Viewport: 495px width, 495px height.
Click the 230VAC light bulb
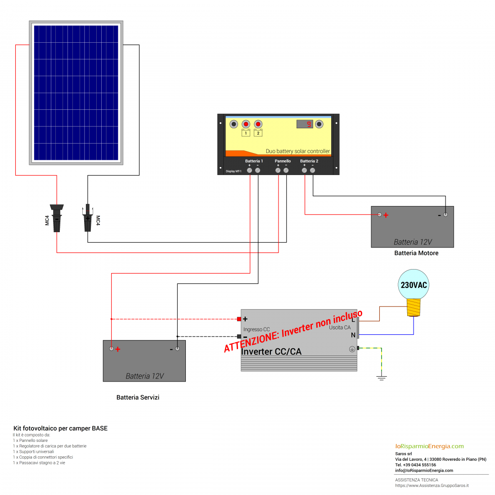pyautogui.click(x=414, y=288)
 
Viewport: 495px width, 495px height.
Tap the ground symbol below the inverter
pyautogui.click(x=382, y=377)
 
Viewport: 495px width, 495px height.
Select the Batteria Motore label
pyautogui.click(x=416, y=253)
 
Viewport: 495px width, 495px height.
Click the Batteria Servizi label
pyautogui.click(x=138, y=397)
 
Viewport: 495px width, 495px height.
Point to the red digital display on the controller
pyautogui.click(x=305, y=124)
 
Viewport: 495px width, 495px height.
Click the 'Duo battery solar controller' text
pyautogui.click(x=297, y=151)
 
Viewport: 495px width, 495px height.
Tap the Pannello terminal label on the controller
pyautogui.click(x=283, y=161)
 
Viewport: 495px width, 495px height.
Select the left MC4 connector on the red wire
pyautogui.click(x=57, y=218)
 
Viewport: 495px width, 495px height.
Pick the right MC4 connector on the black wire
pyautogui.click(x=88, y=218)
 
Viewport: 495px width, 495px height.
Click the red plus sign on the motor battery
pyautogui.click(x=386, y=215)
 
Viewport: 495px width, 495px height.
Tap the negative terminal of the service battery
pyautogui.click(x=177, y=349)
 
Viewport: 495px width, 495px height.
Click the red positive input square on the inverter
pyautogui.click(x=239, y=319)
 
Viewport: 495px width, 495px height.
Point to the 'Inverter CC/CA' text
pyautogui.click(x=271, y=351)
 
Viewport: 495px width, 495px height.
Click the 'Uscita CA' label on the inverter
pyautogui.click(x=339, y=328)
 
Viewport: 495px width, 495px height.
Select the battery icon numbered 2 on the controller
pyautogui.click(x=258, y=133)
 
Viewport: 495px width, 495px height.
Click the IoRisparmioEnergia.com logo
pyautogui.click(x=429, y=446)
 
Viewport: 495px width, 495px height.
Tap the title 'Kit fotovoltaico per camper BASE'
pyautogui.click(x=60, y=428)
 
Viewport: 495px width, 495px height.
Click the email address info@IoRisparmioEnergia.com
pyautogui.click(x=424, y=471)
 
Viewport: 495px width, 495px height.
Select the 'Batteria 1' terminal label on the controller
pyautogui.click(x=254, y=161)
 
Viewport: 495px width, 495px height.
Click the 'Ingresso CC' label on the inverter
pyautogui.click(x=256, y=329)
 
